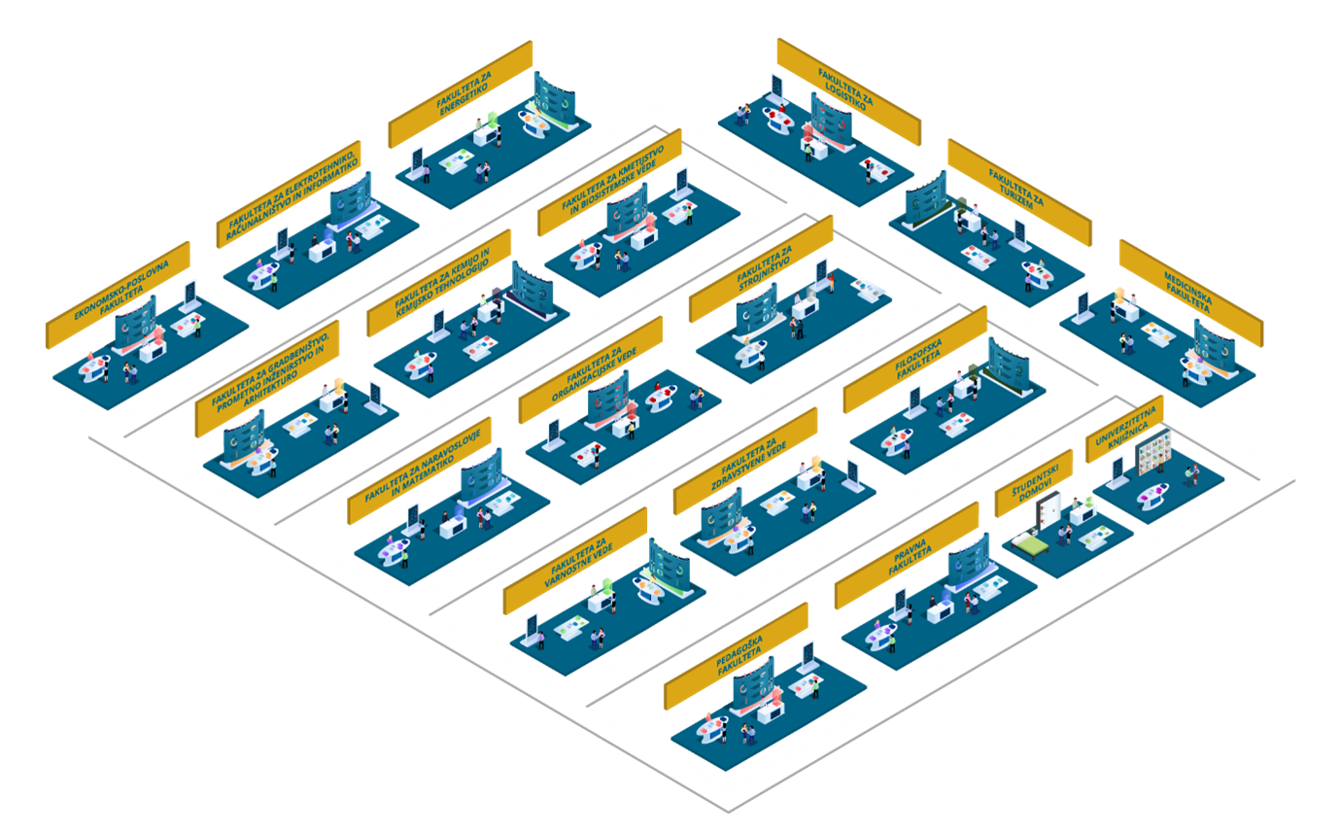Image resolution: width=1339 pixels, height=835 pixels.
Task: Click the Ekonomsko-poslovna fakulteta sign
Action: [x=118, y=296]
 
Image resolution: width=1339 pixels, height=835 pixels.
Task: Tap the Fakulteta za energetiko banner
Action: [x=461, y=94]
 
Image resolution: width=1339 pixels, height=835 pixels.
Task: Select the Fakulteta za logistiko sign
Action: [x=849, y=91]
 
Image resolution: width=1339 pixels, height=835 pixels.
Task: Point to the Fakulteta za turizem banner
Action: [x=1019, y=192]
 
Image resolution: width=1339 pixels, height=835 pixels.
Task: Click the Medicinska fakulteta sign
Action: [x=1191, y=294]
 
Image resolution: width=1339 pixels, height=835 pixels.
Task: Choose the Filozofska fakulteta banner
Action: [x=915, y=360]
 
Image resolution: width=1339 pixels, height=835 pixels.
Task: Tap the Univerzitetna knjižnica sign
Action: [x=1124, y=429]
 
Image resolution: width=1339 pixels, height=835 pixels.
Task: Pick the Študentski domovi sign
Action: [x=1034, y=483]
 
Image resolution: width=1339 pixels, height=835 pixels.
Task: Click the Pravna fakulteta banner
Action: [x=907, y=556]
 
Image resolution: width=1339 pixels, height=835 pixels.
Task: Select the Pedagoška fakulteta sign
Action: [x=736, y=656]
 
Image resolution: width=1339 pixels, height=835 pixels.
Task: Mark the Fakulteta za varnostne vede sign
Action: [x=575, y=561]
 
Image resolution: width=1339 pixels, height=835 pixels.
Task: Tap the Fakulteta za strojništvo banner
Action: [x=761, y=269]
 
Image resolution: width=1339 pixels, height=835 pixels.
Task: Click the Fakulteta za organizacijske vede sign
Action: [x=591, y=370]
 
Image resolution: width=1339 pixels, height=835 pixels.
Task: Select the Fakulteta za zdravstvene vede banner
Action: [x=745, y=461]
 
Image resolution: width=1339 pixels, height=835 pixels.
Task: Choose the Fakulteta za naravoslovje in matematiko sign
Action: [x=420, y=470]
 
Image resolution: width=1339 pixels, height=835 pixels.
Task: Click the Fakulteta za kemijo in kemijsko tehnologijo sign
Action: [x=439, y=283]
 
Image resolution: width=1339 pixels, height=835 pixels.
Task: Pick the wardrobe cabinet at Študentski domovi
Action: [x=1047, y=509]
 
